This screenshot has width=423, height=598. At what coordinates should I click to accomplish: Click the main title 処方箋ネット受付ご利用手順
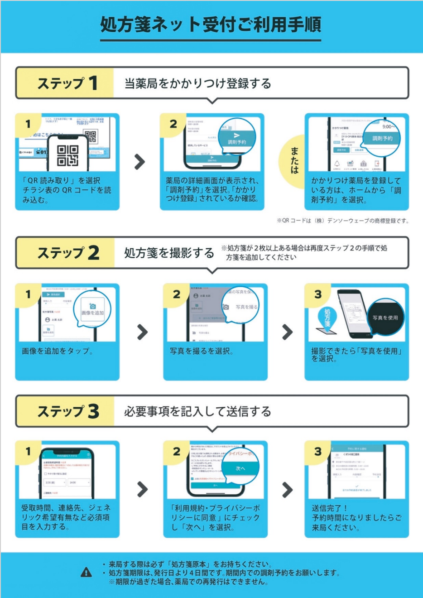click(x=211, y=25)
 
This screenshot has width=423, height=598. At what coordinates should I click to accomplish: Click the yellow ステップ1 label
click(x=67, y=83)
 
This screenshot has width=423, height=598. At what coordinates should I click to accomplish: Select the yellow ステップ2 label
click(x=67, y=253)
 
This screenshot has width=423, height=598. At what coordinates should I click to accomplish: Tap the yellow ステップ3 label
click(x=67, y=411)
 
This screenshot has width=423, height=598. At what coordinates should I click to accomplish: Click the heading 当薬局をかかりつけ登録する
click(x=197, y=84)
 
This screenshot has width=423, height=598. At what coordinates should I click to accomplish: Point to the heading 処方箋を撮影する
click(x=169, y=253)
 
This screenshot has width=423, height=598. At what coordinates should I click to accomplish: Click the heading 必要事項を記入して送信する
click(x=197, y=412)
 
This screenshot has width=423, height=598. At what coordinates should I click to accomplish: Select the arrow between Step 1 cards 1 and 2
click(x=140, y=162)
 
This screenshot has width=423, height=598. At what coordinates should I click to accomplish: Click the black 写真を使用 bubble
click(x=385, y=318)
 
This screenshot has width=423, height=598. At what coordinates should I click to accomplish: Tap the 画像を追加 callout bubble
click(x=92, y=310)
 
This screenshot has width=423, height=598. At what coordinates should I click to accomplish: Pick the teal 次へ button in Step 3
click(x=240, y=468)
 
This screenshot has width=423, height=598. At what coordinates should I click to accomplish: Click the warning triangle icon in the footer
click(x=86, y=573)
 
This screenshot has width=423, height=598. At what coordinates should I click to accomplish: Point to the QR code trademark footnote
click(x=342, y=221)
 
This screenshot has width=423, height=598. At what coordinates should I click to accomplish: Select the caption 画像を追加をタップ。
click(x=58, y=351)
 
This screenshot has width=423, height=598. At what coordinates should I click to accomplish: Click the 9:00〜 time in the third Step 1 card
click(x=389, y=127)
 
